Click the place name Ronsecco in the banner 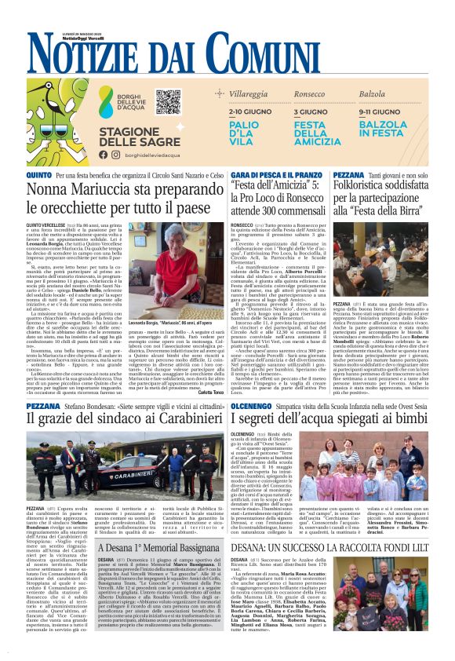(311, 93)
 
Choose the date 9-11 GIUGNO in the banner (380, 112)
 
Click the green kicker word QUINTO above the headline (39, 174)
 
